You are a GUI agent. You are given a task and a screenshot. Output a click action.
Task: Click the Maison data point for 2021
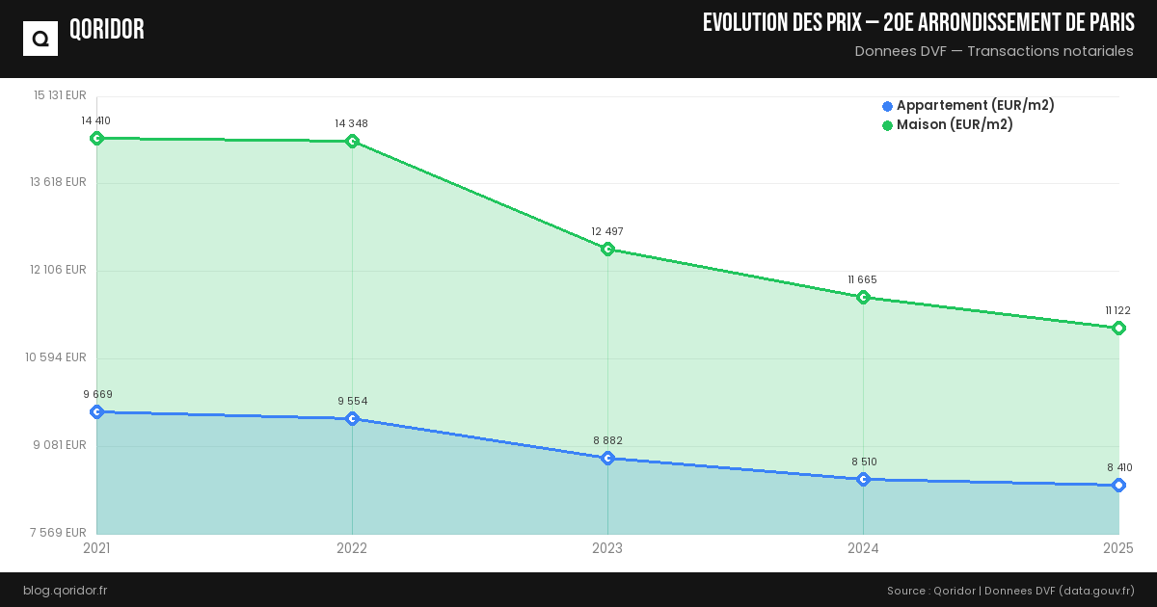point(96,138)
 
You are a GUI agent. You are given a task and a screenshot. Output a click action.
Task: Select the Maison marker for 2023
point(607,250)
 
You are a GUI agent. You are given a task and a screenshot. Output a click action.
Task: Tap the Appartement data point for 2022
point(352,418)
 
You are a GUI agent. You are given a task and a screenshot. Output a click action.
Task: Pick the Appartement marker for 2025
point(1118,486)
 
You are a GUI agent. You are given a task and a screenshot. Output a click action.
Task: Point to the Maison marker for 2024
point(863,297)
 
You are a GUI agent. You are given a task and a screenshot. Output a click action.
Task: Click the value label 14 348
point(352,123)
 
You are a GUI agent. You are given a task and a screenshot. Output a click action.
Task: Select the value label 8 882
point(607,440)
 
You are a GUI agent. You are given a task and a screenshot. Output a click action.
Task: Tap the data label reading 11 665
point(863,279)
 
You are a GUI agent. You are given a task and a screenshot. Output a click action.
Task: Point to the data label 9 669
point(97,394)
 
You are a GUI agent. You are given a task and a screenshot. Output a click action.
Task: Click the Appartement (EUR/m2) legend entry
point(968,105)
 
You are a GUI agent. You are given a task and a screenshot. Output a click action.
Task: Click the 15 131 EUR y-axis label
point(60,95)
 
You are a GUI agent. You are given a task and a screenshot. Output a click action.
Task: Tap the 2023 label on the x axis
point(607,548)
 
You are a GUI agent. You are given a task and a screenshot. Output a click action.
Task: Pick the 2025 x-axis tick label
point(1117,548)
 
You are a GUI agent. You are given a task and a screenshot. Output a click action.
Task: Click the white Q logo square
point(40,39)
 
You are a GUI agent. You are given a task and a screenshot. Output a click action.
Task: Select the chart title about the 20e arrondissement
point(918,23)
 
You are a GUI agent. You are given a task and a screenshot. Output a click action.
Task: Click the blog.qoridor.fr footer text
point(66,590)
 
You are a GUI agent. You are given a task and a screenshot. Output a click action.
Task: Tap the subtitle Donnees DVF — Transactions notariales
point(994,51)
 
